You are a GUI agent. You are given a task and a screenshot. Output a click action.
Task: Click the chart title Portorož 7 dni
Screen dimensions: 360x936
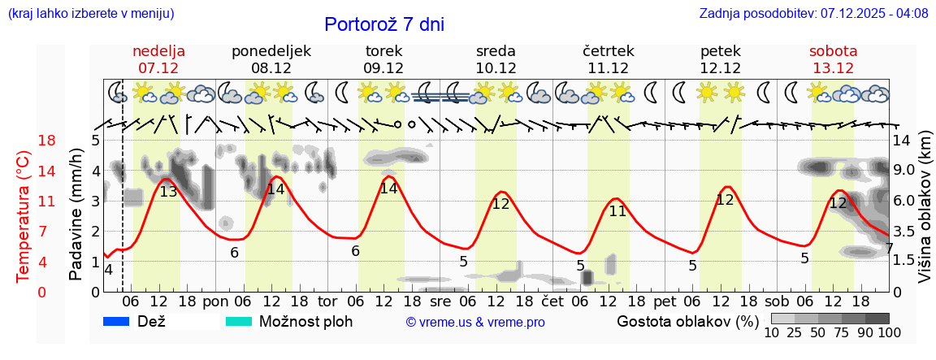(384, 24)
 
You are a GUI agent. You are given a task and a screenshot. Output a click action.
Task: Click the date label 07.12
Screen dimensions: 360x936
(158, 68)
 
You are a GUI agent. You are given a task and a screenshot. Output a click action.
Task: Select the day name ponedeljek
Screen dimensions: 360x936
(271, 51)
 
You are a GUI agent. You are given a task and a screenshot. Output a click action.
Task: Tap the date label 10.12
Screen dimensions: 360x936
(496, 68)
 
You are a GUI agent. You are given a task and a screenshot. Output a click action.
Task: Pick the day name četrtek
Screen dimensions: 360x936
(609, 51)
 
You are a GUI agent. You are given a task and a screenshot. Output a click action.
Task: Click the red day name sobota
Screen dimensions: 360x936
(834, 51)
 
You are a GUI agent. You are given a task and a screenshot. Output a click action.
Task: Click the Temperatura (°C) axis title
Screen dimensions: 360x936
(24, 216)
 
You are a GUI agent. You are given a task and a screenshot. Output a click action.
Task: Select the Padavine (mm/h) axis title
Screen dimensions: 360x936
(76, 215)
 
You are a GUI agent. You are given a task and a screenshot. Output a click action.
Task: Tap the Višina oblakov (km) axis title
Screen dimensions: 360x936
(925, 216)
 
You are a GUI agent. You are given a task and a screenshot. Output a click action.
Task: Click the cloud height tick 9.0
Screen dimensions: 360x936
(905, 171)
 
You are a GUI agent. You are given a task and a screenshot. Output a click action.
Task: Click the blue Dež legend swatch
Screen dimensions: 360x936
(117, 321)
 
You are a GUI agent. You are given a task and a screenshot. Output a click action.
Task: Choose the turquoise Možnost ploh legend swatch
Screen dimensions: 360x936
(239, 321)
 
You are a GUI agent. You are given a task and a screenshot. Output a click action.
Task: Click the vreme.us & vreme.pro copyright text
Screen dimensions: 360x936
(475, 323)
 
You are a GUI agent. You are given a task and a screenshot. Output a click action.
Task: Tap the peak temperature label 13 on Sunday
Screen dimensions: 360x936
(168, 193)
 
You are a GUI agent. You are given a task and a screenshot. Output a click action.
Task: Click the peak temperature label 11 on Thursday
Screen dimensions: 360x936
(617, 211)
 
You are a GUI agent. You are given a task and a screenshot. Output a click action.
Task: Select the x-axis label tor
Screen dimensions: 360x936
(327, 301)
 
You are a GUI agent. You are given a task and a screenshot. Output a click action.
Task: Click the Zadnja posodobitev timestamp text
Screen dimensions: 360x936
(813, 14)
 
